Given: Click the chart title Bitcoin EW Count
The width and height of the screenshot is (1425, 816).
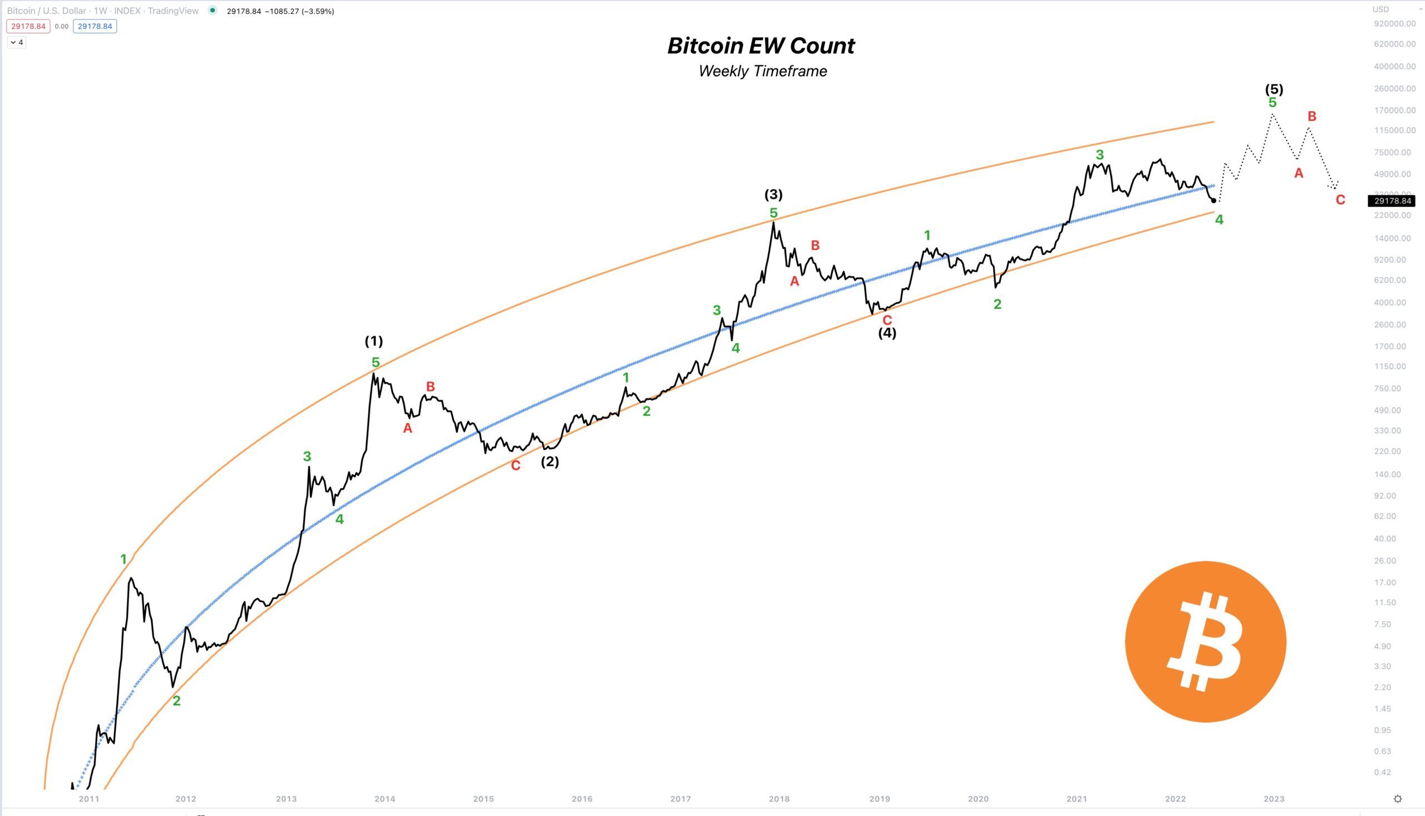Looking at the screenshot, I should [x=761, y=46].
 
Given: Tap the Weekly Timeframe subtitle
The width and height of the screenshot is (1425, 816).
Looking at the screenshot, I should [x=763, y=71].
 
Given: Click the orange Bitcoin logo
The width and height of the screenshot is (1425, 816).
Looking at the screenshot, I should [x=1205, y=641].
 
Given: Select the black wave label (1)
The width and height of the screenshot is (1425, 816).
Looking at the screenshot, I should [x=374, y=341].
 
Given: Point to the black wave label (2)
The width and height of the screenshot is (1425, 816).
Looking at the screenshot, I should [x=550, y=462].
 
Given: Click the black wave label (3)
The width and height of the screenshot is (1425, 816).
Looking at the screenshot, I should [x=773, y=194].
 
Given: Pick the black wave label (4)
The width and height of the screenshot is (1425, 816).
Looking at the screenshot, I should [x=887, y=333].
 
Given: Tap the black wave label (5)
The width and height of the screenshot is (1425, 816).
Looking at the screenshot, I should [x=1274, y=89].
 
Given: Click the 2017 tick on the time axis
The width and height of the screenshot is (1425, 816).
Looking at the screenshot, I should [x=680, y=799].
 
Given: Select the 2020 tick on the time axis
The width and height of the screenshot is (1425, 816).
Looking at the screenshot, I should [x=978, y=799].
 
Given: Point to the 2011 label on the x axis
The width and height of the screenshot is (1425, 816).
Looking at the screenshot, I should [x=89, y=799].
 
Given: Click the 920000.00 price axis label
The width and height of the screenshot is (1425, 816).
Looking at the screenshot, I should [x=1395, y=23].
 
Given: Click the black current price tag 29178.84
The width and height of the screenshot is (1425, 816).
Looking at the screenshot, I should [x=1393, y=200].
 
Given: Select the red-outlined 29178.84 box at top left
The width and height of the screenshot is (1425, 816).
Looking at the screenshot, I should [x=28, y=26].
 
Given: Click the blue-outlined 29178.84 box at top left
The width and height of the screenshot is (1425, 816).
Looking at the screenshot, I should [x=95, y=26].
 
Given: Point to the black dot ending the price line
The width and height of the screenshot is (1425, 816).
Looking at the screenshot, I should [x=1213, y=200].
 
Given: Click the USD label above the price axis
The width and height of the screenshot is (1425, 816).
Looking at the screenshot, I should [x=1380, y=9].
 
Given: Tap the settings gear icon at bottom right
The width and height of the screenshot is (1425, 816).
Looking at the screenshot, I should [x=1398, y=799].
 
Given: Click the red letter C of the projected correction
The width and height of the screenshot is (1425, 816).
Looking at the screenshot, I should [x=1340, y=199].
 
